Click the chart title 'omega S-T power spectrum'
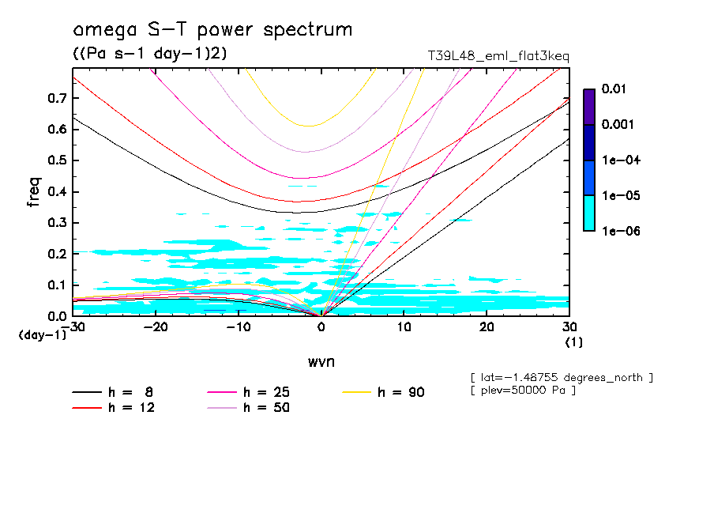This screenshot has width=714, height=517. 212,30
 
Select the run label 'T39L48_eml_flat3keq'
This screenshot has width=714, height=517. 498,56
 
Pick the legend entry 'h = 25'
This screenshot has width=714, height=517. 267,392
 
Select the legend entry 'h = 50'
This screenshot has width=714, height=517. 267,408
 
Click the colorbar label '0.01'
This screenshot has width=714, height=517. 614,89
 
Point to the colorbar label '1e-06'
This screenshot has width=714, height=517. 617,231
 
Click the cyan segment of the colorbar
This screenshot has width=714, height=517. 588,213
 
